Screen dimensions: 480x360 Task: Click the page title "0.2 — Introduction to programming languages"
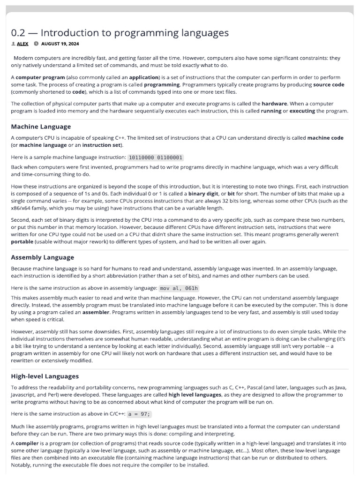pyautogui.click(x=120, y=33)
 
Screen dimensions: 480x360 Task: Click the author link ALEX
pyautogui.click(x=23, y=44)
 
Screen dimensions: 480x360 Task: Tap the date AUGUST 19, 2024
pyautogui.click(x=60, y=44)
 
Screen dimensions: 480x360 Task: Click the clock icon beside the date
pyautogui.click(x=36, y=44)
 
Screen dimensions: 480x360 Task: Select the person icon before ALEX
pyautogui.click(x=13, y=44)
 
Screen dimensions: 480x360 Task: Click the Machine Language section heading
pyautogui.click(x=41, y=127)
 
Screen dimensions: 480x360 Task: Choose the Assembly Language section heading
pyautogui.click(x=42, y=257)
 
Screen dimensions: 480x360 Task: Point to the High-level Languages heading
pyautogui.click(x=45, y=376)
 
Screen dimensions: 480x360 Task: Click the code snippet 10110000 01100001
pyautogui.click(x=156, y=157)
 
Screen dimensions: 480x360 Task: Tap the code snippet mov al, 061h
pyautogui.click(x=179, y=288)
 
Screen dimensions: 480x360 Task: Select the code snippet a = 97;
pyautogui.click(x=140, y=414)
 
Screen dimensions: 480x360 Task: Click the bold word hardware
pyautogui.click(x=274, y=104)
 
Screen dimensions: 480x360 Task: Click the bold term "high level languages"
pyautogui.click(x=195, y=395)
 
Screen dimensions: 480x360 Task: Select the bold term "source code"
pyautogui.click(x=328, y=85)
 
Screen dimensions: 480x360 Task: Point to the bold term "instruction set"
pyautogui.click(x=101, y=145)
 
